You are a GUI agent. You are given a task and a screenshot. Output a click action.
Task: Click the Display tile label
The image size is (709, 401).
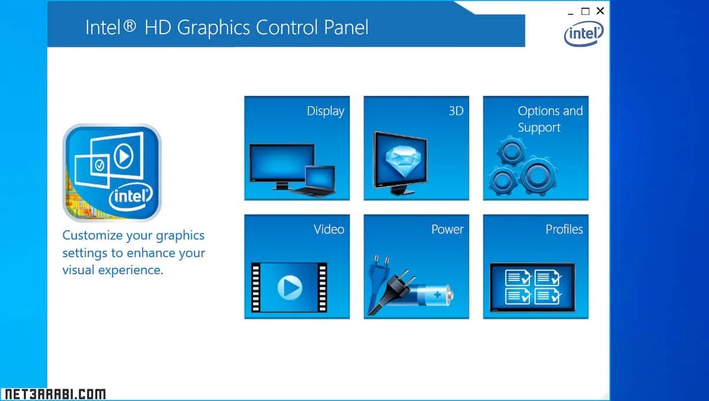tap(325, 111)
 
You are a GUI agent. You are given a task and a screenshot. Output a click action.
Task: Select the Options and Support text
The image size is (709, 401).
tap(549, 119)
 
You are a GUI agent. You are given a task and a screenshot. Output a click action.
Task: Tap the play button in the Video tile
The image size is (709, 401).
tap(290, 288)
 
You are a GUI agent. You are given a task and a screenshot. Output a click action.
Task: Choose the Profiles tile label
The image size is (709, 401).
tap(564, 229)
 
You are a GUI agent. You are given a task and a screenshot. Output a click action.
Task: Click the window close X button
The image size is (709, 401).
tap(600, 11)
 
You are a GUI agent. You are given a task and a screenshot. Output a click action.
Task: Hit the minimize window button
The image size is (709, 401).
tap(570, 12)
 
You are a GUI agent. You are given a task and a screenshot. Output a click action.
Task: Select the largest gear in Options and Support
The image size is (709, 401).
tap(537, 175)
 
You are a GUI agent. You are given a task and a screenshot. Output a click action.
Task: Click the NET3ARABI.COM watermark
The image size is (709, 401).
tap(54, 394)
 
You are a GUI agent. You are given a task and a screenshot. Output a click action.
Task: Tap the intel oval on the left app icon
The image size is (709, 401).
tap(132, 195)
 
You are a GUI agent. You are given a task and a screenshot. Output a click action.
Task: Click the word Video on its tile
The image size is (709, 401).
tap(329, 229)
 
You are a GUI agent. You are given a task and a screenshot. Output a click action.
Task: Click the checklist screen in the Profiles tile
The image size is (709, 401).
tap(532, 286)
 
